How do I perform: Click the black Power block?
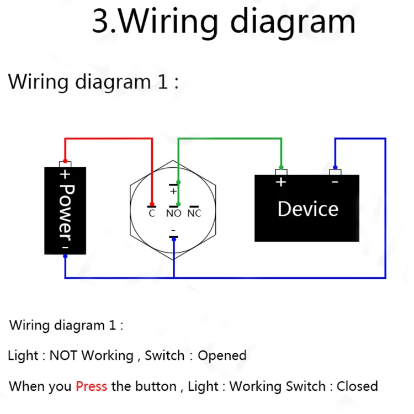[x=65, y=210]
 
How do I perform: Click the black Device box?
[x=307, y=209]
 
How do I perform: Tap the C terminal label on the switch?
[x=152, y=214]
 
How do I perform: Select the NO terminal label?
[x=173, y=214]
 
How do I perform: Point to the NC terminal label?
[x=194, y=214]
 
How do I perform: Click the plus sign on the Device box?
[x=281, y=182]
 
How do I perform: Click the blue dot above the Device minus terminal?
[x=335, y=167]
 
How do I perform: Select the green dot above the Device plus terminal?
[x=281, y=167]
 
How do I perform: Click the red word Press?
[x=91, y=386]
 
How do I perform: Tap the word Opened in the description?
[x=222, y=355]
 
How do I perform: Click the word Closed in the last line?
[x=357, y=386]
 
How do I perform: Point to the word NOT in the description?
[x=64, y=355]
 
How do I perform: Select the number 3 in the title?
[x=100, y=22]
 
